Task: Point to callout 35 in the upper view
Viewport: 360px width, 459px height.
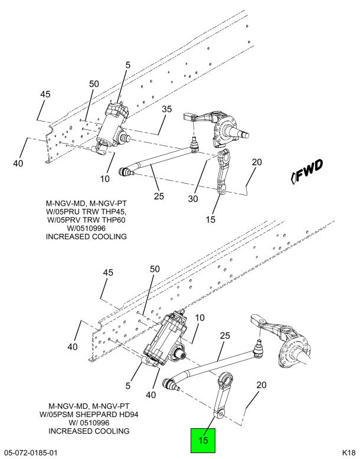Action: [x=166, y=109]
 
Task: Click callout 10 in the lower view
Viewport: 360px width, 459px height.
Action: [x=200, y=318]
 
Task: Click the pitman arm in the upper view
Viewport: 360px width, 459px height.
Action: [x=225, y=173]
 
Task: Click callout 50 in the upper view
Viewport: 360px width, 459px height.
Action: [x=94, y=84]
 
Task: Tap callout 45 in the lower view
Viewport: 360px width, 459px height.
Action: [x=107, y=272]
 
